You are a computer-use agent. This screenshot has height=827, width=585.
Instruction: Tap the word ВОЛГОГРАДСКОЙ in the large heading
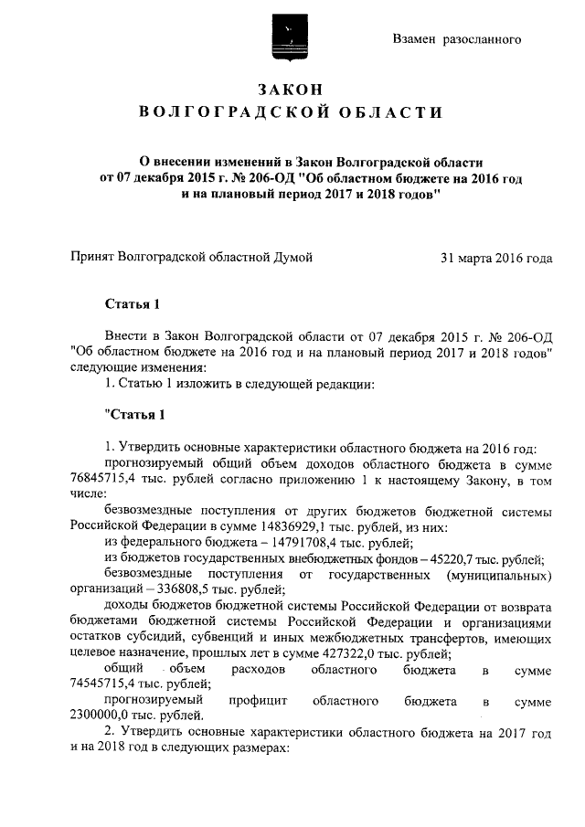click(x=233, y=112)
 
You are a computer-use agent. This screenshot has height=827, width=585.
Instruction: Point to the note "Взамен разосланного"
click(x=457, y=39)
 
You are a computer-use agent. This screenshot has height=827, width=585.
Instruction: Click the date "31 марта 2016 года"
click(x=496, y=259)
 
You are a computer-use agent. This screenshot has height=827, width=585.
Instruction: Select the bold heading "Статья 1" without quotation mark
click(x=134, y=304)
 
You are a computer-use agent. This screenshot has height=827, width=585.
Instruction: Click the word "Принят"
click(x=92, y=259)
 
